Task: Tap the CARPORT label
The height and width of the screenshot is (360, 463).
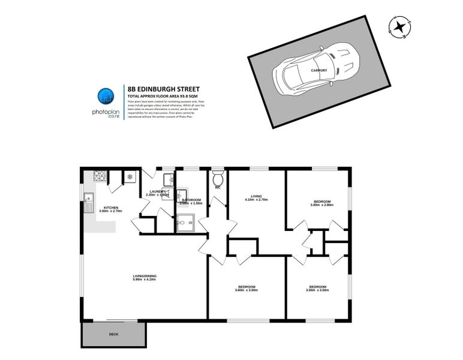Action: (x=319, y=70)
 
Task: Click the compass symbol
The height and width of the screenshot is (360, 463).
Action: (x=399, y=26)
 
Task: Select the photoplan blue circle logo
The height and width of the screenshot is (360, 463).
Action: (x=106, y=95)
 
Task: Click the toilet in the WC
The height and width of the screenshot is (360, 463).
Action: (x=218, y=178)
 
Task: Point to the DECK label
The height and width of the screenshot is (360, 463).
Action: (x=113, y=334)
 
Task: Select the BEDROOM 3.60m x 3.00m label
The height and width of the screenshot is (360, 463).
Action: (x=246, y=288)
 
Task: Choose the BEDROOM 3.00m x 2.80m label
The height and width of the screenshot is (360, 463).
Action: (x=321, y=203)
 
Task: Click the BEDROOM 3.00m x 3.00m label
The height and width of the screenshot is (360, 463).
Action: (x=317, y=288)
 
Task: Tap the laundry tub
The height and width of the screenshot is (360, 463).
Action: (x=169, y=179)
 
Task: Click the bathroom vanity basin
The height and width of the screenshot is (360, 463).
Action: (x=183, y=193)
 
